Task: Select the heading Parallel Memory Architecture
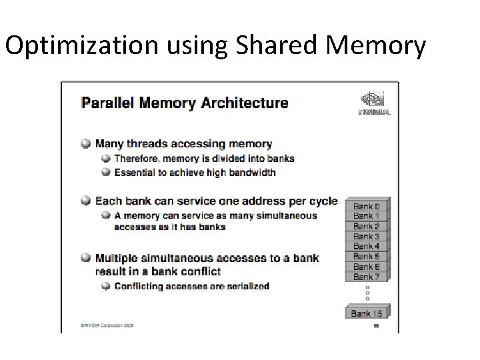[185, 103]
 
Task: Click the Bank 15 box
[366, 312]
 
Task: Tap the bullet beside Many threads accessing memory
[86, 143]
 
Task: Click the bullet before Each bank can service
[86, 201]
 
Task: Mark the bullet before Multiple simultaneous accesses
[86, 258]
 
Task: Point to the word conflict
[203, 271]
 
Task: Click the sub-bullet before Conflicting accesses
[105, 287]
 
